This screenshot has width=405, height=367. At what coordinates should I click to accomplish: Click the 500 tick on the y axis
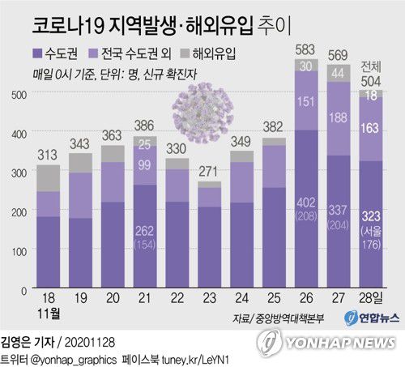16,95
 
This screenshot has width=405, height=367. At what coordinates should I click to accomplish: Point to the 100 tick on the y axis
16,252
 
